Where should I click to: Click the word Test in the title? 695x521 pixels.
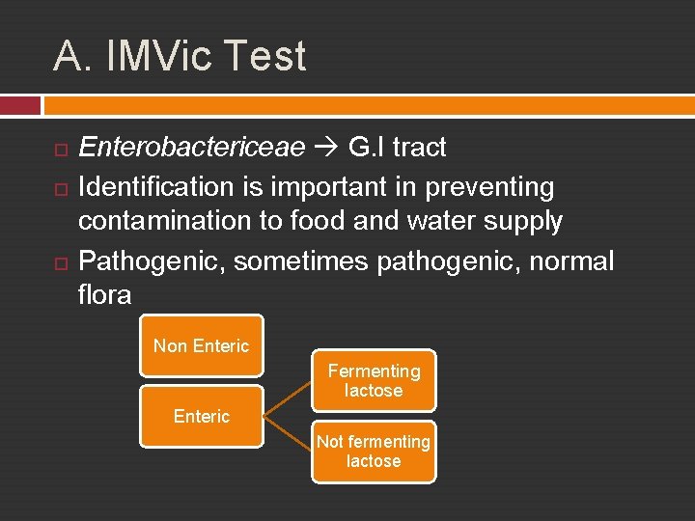[x=265, y=56]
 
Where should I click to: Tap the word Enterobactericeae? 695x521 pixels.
[x=191, y=148]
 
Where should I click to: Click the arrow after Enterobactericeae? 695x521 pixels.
[x=326, y=148]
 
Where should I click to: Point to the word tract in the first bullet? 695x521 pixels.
[x=419, y=148]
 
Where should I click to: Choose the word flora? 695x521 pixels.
[x=104, y=294]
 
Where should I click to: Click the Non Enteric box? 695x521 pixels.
[x=201, y=345]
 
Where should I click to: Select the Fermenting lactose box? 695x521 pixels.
[x=374, y=380]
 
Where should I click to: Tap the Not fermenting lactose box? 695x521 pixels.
[x=374, y=452]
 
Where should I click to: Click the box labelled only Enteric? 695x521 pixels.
[x=201, y=416]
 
